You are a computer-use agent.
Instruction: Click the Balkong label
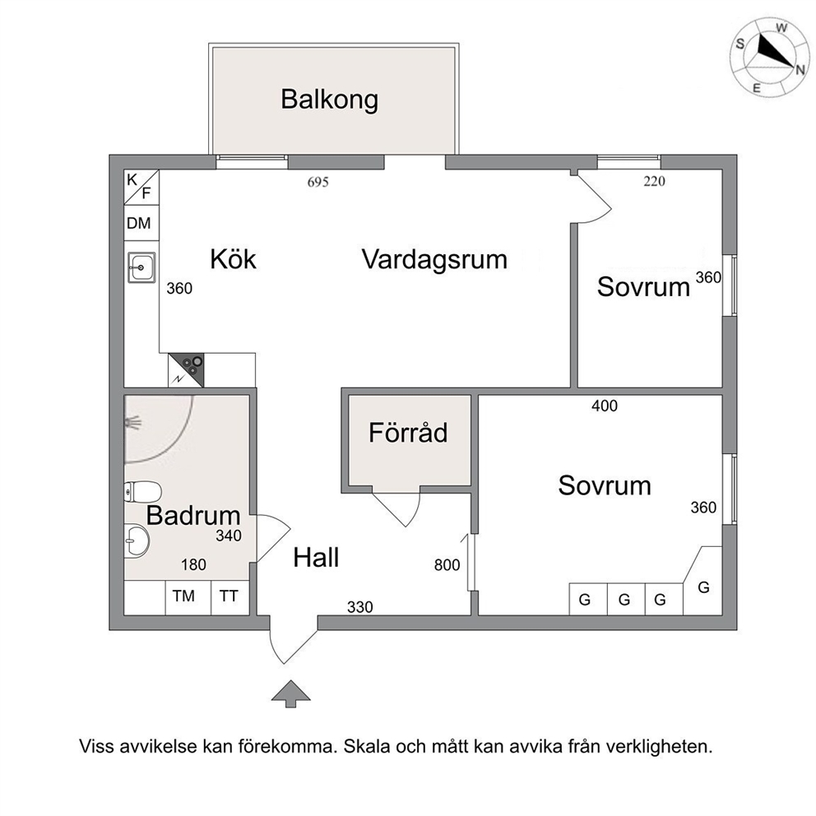pos(329,100)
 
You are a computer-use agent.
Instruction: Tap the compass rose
pos(770,55)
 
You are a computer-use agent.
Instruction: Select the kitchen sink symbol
pos(141,267)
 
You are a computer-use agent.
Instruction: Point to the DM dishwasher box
pos(138,223)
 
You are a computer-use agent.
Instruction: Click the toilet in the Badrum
pos(141,492)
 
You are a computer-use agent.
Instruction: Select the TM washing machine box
pos(184,596)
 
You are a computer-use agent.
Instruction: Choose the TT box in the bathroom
pos(228,596)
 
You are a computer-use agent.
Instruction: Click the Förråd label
pos(408,432)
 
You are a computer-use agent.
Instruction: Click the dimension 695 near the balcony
pos(318,183)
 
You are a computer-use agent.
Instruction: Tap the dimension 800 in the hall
pos(447,565)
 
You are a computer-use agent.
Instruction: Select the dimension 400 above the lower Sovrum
pos(605,405)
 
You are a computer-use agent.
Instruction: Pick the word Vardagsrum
pos(433,260)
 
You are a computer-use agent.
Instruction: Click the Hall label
pos(317,559)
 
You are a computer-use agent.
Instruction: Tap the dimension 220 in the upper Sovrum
pos(652,183)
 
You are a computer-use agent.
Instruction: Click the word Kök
pos(233,260)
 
